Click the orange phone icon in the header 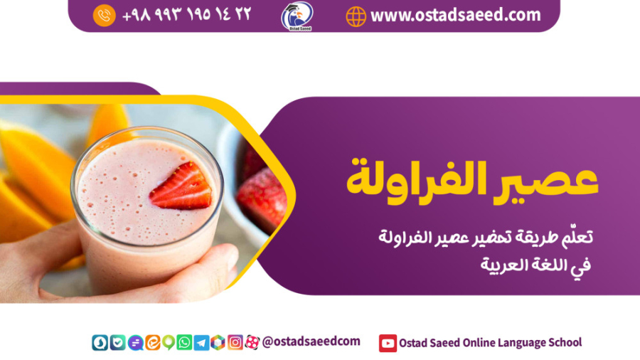click(x=104, y=15)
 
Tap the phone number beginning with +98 click(x=186, y=15)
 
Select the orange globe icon click(x=356, y=16)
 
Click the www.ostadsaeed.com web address click(x=455, y=15)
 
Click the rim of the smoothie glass click(x=146, y=135)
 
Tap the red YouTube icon click(x=388, y=343)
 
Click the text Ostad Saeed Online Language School click(x=491, y=343)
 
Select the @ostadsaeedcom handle click(x=311, y=342)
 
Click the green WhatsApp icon click(x=184, y=343)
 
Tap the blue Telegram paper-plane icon click(x=201, y=343)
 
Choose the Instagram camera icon click(x=235, y=343)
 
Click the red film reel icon click(x=252, y=343)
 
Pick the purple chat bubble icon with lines click(x=135, y=343)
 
